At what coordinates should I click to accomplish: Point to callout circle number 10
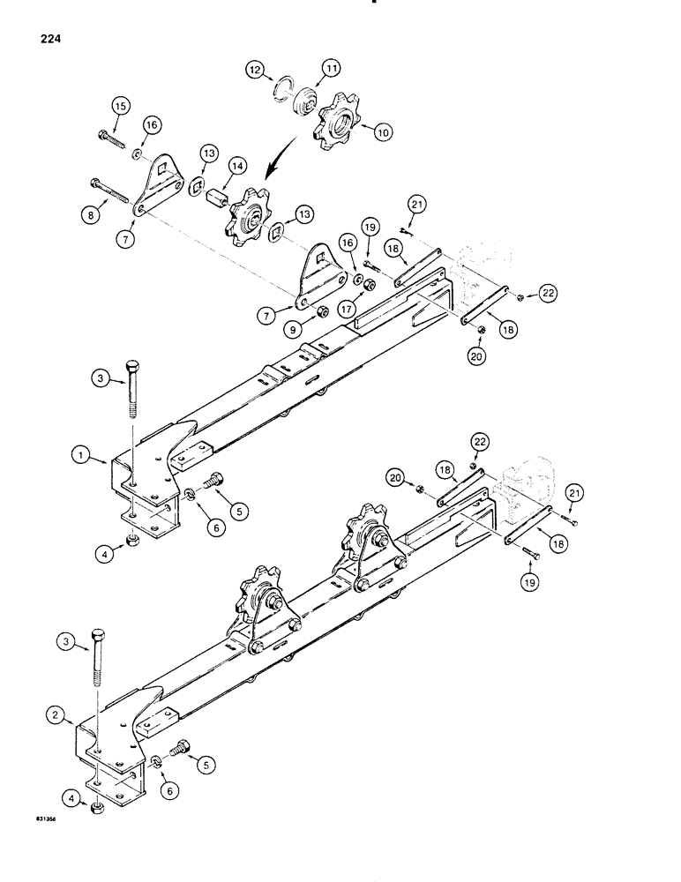pos(383,132)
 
